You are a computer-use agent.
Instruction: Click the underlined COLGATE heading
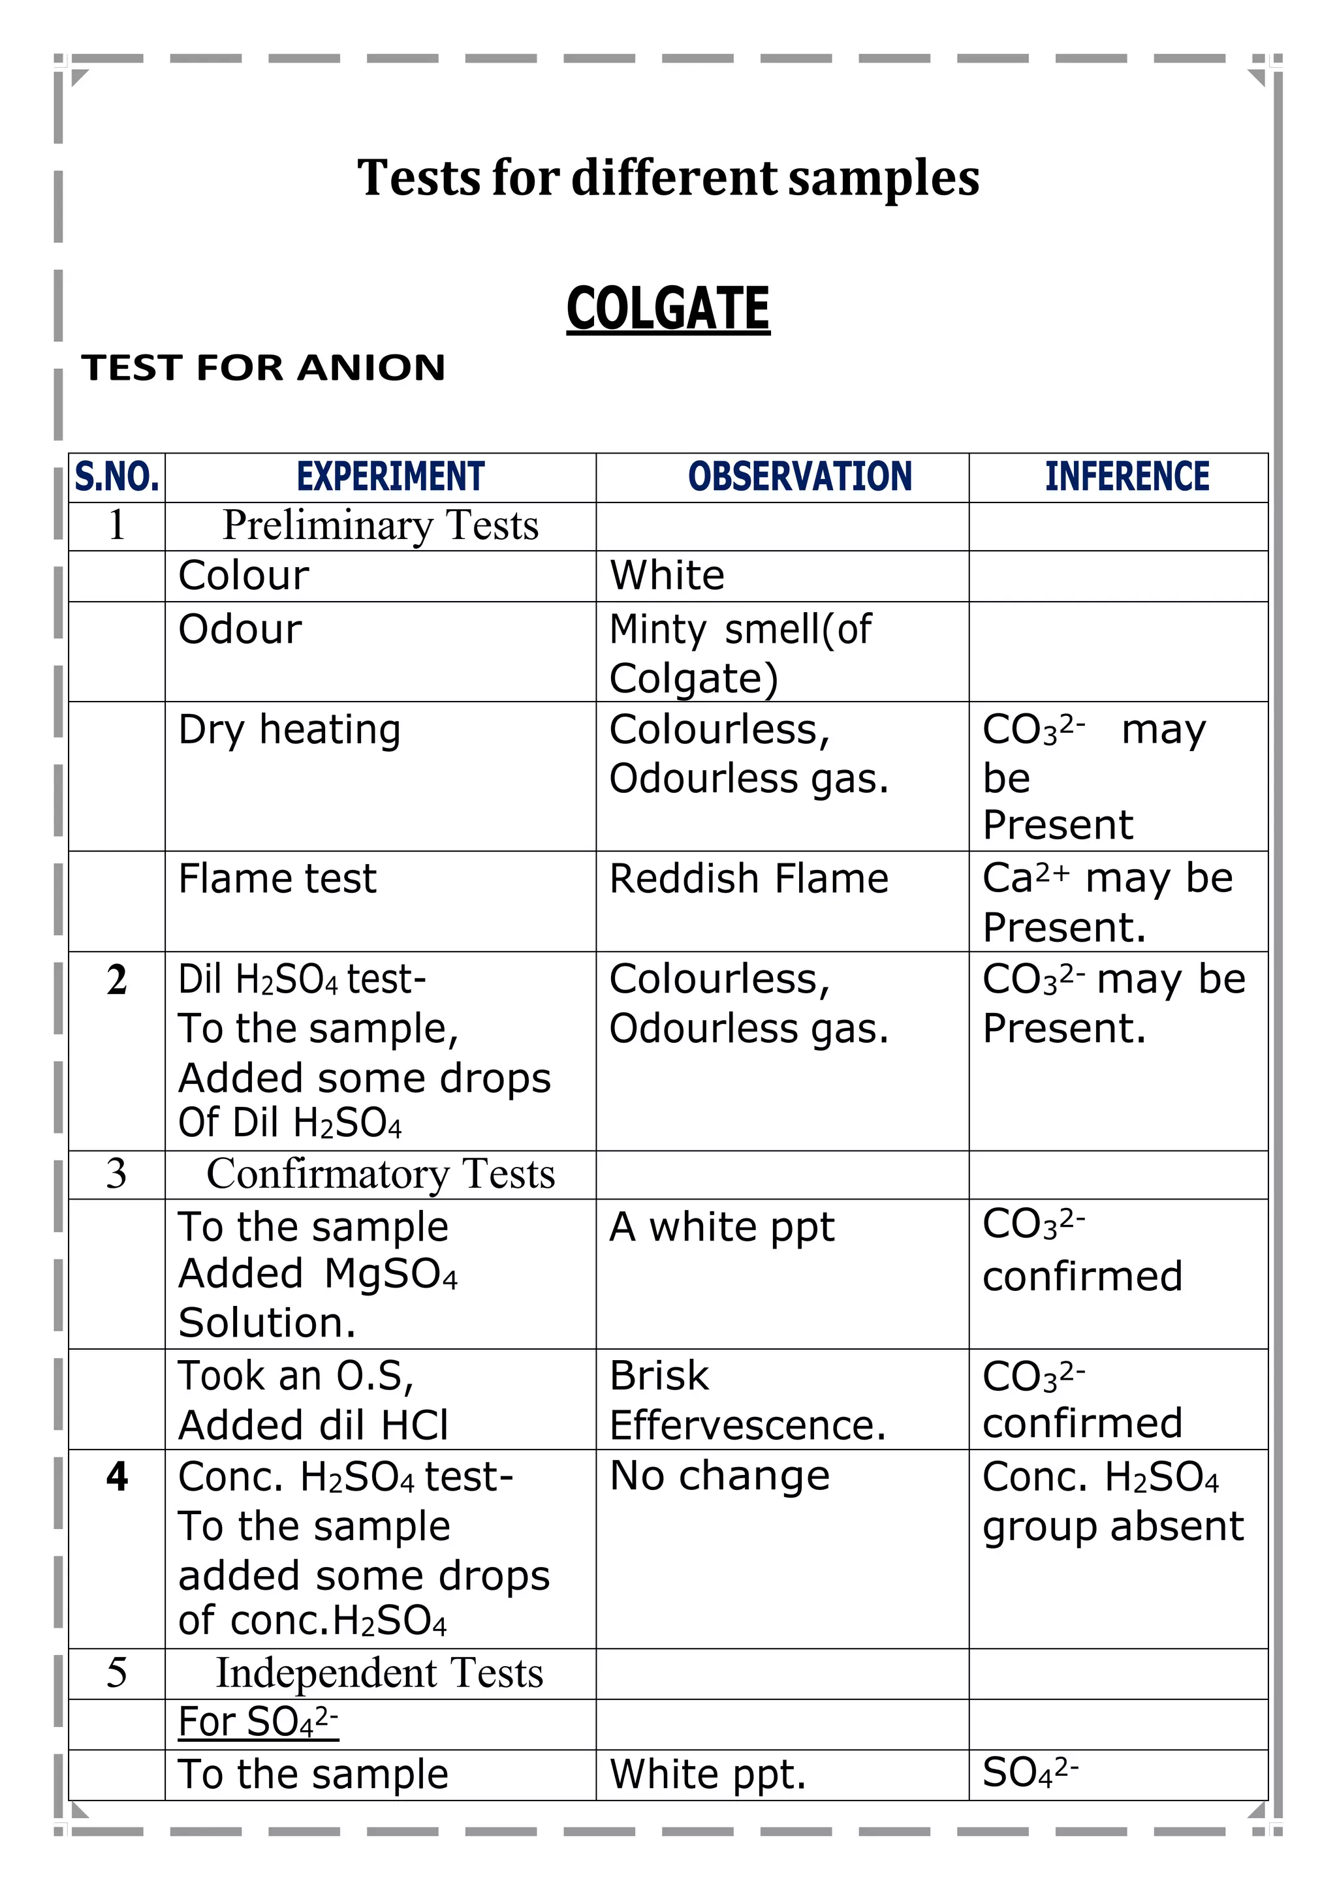click(668, 309)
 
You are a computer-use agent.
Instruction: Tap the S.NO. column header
click(117, 476)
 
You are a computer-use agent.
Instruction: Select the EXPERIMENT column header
click(390, 476)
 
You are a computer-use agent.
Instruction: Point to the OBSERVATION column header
click(800, 476)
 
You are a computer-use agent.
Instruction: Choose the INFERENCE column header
click(1127, 476)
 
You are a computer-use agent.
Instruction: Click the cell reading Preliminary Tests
click(381, 525)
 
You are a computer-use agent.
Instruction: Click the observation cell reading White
click(667, 576)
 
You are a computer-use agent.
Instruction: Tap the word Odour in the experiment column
click(240, 630)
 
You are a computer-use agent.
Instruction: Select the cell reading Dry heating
click(290, 730)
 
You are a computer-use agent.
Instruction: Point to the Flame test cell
click(277, 879)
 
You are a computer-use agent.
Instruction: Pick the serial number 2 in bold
click(117, 980)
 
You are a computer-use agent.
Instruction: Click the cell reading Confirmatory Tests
click(381, 1174)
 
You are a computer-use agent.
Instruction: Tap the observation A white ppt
click(721, 1228)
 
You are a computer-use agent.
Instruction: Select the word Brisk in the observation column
click(659, 1376)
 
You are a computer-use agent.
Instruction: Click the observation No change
click(719, 1476)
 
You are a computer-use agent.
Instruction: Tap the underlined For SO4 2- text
click(259, 1722)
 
